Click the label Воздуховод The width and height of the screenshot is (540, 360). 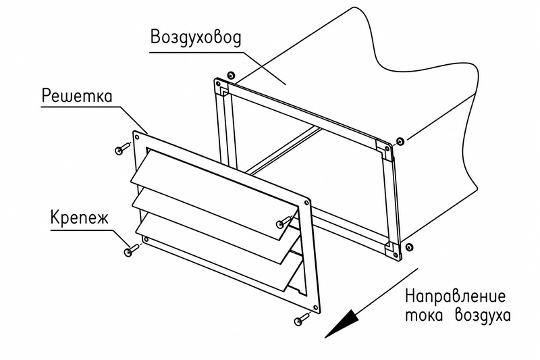coord(196,38)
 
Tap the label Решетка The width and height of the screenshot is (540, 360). coord(77,96)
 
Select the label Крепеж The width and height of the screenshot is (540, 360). coord(80,217)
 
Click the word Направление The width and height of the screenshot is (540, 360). coord(456,297)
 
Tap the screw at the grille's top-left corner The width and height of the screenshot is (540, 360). coord(122,148)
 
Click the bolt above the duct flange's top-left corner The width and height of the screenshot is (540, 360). coord(230,75)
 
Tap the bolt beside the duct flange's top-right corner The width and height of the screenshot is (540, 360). coord(400,141)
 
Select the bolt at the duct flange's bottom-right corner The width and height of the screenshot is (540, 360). coord(409,246)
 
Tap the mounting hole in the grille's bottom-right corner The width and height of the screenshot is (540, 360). coord(314,307)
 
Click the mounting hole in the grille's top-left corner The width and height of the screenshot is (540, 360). coord(138,138)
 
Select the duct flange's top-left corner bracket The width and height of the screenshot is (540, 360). coord(222,87)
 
